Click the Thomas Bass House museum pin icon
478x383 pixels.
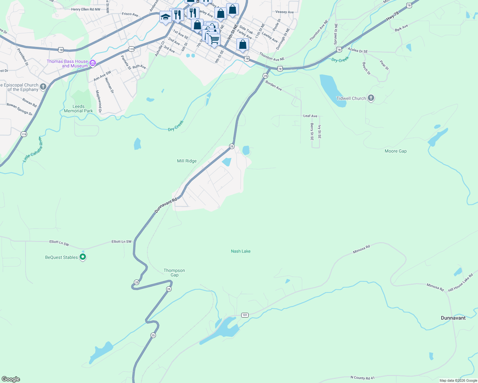tap(93, 63)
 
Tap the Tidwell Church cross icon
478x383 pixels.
tap(371, 98)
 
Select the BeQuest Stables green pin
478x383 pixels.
tap(83, 257)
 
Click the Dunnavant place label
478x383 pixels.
tap(453, 318)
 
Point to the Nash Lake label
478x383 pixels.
tap(241, 251)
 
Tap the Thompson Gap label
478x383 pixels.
tap(174, 273)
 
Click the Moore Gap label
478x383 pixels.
tap(396, 151)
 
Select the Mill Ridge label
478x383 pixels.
tap(187, 161)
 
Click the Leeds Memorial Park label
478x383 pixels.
tap(78, 109)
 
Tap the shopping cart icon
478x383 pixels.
tap(214, 40)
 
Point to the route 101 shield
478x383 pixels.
tap(245, 315)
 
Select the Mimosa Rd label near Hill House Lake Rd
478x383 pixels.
tap(435, 287)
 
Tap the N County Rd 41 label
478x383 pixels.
tap(362, 378)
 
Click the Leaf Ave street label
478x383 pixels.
tap(310, 116)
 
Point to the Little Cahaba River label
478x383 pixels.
tap(33, 150)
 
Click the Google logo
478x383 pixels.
tap(11, 379)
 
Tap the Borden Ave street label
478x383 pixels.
tap(274, 86)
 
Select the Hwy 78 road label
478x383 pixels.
tap(392, 16)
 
